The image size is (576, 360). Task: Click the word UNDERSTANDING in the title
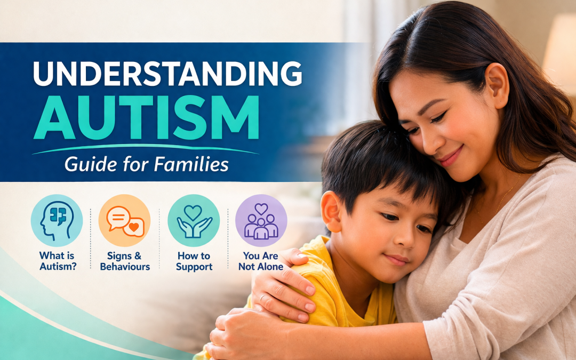(x=167, y=74)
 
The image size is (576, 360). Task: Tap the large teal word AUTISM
(x=146, y=117)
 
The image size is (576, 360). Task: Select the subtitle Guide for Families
(x=147, y=164)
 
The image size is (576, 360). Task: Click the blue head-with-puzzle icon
(x=57, y=220)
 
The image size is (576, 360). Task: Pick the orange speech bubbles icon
(x=124, y=220)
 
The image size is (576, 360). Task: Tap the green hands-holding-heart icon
(x=194, y=220)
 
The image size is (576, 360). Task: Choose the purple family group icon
(x=261, y=220)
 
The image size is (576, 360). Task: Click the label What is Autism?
(x=58, y=261)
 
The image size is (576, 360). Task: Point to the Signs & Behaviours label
(x=125, y=261)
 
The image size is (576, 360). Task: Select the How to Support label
(x=194, y=261)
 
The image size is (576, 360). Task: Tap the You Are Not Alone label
(x=261, y=261)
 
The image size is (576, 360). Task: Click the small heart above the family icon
(x=261, y=209)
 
